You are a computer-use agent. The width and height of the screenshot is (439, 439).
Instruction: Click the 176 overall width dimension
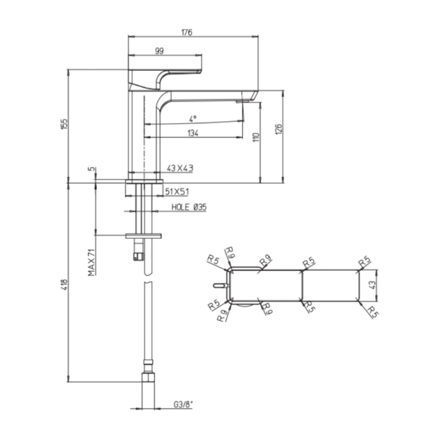coord(187,32)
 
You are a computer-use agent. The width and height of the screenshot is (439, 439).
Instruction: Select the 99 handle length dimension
coord(159,51)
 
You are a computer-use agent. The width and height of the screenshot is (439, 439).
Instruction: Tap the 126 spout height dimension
coord(279,129)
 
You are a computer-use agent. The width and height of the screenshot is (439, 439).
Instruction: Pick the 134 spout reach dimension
coord(193,133)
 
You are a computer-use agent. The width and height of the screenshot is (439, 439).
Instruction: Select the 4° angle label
coord(193,119)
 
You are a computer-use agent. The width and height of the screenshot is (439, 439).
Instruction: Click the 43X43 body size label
coord(180,168)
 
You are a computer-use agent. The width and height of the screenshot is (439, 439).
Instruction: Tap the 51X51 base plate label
coord(177,192)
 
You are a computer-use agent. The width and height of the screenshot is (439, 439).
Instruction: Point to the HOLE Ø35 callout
coord(189,207)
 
